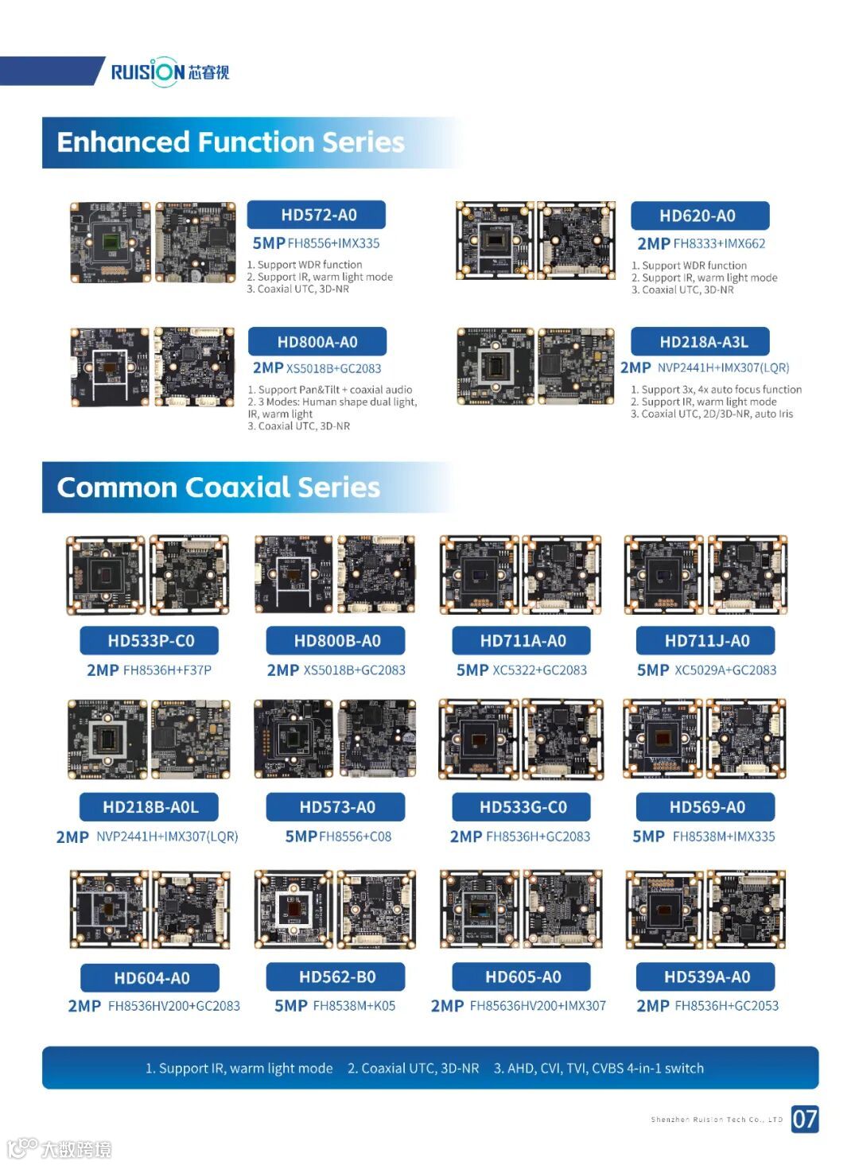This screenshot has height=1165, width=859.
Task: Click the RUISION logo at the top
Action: (x=169, y=72)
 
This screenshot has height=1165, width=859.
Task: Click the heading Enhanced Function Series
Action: (x=231, y=142)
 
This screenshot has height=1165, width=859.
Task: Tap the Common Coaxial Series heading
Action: (x=218, y=487)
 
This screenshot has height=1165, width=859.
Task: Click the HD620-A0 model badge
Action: (x=698, y=216)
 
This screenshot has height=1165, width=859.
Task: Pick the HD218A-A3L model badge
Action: (x=703, y=342)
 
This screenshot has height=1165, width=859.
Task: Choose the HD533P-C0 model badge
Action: (x=150, y=641)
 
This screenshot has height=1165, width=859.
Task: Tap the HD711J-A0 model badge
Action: (x=706, y=641)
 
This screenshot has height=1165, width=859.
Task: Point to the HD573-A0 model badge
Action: (x=336, y=807)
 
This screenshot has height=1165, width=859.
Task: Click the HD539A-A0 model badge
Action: (x=706, y=977)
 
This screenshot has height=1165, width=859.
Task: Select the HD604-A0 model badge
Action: (x=151, y=978)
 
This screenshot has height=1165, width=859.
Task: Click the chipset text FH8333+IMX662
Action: (x=719, y=244)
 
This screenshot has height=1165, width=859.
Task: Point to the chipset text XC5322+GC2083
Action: (x=539, y=670)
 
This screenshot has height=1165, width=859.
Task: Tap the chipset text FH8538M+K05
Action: (x=354, y=1006)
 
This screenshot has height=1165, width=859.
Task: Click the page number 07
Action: (x=804, y=1119)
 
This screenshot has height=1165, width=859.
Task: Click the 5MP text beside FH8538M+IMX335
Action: (x=648, y=837)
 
